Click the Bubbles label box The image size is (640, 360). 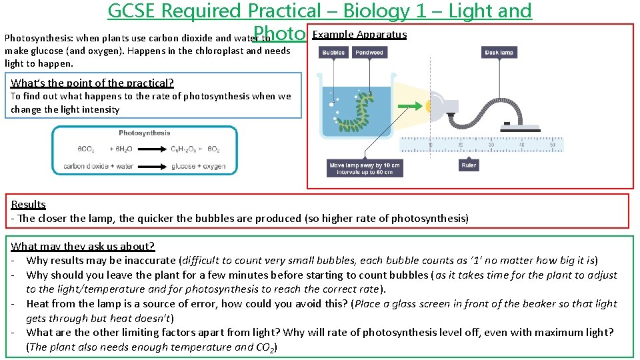click(333, 52)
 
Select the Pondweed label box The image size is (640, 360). click(369, 52)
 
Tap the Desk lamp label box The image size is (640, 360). click(499, 52)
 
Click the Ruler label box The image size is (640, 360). click(469, 165)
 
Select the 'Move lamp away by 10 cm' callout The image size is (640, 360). click(364, 169)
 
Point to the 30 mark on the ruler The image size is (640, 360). click(491, 145)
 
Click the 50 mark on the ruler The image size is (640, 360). click(552, 145)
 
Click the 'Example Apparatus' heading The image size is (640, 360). click(359, 35)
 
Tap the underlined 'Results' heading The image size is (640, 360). click(28, 204)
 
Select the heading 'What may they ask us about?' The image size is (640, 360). click(83, 246)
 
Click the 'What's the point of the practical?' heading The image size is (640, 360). click(92, 83)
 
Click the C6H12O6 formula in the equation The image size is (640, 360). click(184, 149)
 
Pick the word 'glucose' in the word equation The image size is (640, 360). click(183, 166)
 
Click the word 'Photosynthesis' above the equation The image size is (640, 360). click(145, 133)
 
